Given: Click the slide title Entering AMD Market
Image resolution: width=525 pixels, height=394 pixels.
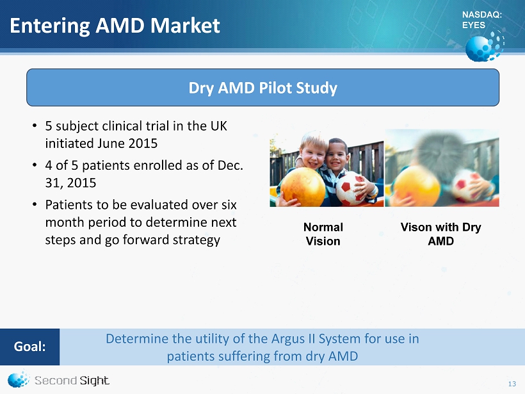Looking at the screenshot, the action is tap(115, 26).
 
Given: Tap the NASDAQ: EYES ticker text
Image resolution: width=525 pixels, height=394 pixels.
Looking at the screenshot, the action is tap(482, 20).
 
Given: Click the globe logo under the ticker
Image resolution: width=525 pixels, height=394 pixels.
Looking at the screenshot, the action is tap(485, 46).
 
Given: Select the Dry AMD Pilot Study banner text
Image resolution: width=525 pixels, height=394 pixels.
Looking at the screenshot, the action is tap(263, 88).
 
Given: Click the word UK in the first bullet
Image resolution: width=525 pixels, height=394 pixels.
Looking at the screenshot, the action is tap(218, 126).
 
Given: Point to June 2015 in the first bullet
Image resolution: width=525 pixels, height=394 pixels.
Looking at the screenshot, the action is tap(127, 144).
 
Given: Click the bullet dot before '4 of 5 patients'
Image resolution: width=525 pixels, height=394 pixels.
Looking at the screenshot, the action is tap(35, 165).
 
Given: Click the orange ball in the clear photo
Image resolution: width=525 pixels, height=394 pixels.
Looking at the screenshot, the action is tap(303, 186).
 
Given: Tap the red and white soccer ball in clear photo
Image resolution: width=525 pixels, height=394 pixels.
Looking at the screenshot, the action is tap(351, 189).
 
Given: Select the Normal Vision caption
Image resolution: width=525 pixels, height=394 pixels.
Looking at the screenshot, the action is tap(323, 234).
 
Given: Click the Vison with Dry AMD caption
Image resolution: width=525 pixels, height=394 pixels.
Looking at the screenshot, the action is tap(440, 234).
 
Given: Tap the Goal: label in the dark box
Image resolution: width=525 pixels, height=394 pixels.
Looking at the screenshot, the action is tap(29, 347).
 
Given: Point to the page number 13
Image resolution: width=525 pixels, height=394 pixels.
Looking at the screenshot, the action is tap(512, 384).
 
